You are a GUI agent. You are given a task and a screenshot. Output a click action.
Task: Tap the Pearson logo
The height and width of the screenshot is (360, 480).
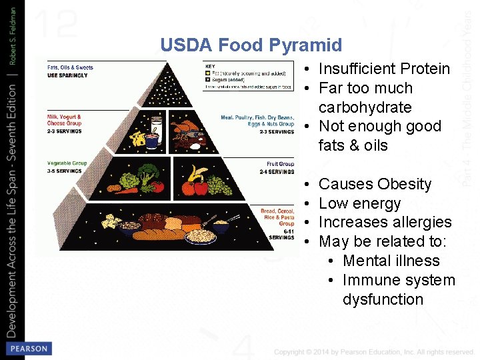[x=29, y=349]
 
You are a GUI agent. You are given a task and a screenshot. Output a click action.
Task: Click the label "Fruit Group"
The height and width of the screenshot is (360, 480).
[x=280, y=164]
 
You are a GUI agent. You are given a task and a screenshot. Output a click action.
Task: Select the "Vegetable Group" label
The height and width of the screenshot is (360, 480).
[x=67, y=164]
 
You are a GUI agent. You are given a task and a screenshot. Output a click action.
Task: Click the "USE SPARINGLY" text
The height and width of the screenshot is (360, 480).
[x=67, y=75]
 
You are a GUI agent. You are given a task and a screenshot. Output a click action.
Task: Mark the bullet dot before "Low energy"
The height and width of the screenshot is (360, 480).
[x=305, y=203]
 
